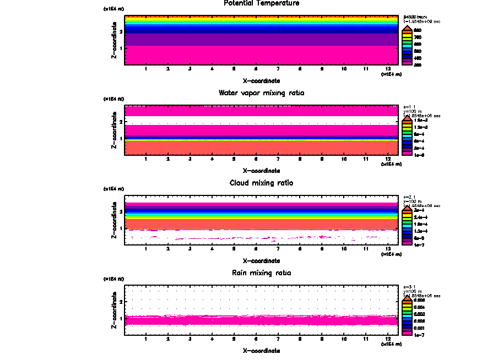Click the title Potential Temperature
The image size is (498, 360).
(x=261, y=3)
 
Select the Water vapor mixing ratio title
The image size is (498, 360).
(x=261, y=93)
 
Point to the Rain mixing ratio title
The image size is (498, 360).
(x=261, y=273)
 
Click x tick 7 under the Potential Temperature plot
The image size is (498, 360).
(x=278, y=69)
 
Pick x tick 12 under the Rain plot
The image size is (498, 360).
(x=388, y=339)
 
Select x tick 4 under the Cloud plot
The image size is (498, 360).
(x=212, y=249)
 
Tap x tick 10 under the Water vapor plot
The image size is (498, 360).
(x=344, y=160)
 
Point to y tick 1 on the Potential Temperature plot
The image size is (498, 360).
(x=120, y=48)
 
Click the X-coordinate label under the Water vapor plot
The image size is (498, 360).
(x=261, y=171)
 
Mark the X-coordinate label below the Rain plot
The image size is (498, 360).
(x=261, y=351)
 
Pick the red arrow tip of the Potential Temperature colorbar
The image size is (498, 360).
(x=407, y=28)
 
